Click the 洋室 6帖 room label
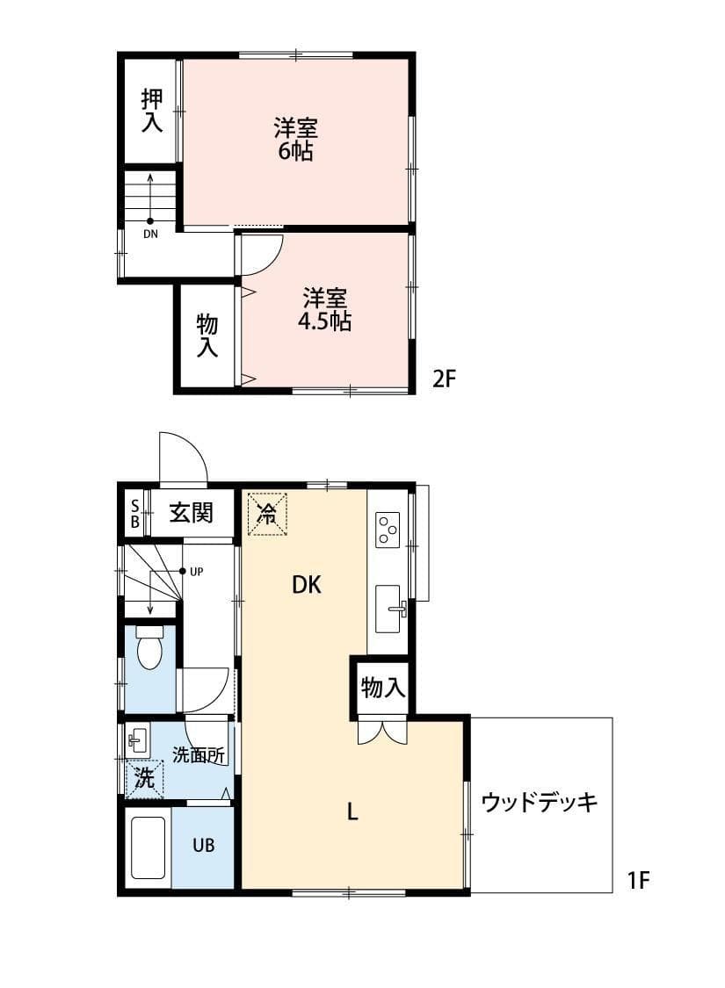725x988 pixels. [x=295, y=139]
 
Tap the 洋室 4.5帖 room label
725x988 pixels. [x=324, y=309]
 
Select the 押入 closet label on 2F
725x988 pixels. [x=152, y=111]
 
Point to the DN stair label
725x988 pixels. [x=150, y=234]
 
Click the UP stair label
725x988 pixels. [x=196, y=572]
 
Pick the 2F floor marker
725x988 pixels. [x=444, y=379]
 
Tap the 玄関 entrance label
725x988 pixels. [x=191, y=512]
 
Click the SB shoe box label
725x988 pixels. [x=134, y=512]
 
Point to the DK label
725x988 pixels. [x=307, y=585]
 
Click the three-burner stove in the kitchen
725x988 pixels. [x=388, y=530]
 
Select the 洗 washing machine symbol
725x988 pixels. [x=144, y=778]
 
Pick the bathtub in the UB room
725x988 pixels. [x=149, y=847]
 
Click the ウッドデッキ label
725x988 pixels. [x=540, y=803]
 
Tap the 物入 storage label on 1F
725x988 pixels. [x=383, y=689]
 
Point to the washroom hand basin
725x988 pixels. [x=137, y=740]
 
